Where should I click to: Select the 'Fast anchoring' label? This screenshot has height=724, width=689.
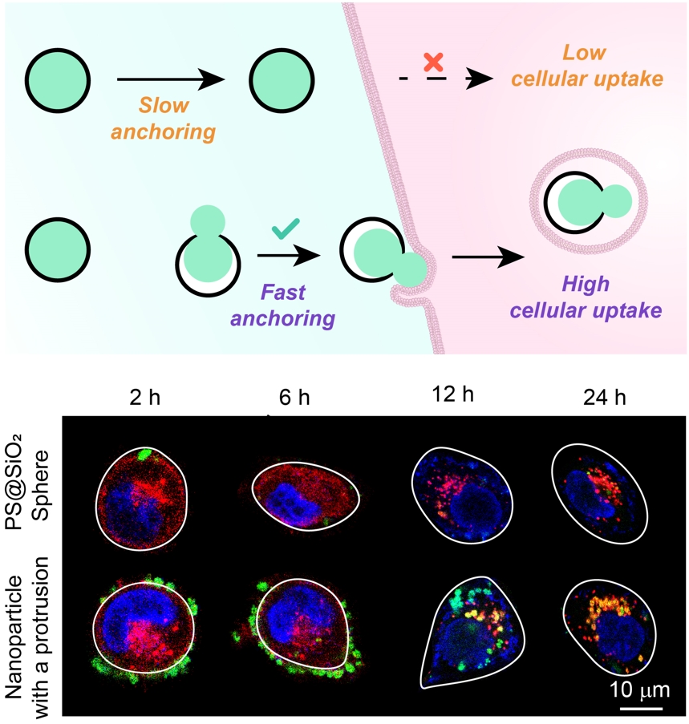point(282,305)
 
